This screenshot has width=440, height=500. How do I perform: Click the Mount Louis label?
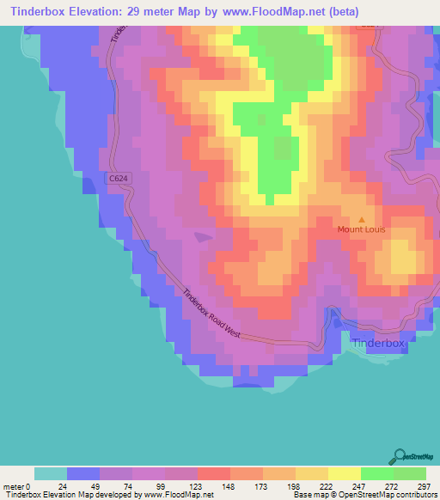pyautogui.click(x=361, y=229)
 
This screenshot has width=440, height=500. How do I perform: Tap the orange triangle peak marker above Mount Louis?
pyautogui.click(x=361, y=219)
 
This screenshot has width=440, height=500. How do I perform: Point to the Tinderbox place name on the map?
pyautogui.click(x=377, y=343)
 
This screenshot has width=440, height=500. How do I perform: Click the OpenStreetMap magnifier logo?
pyautogui.click(x=400, y=456)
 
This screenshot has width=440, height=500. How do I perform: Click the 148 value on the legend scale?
pyautogui.click(x=230, y=486)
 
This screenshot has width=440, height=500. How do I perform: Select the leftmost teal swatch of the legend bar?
pyautogui.click(x=51, y=473)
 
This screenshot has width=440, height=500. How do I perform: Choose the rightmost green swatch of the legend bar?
pyautogui.click(x=409, y=473)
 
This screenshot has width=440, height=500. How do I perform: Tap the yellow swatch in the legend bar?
pyautogui.click(x=344, y=473)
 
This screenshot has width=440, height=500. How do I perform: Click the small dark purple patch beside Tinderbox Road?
pyautogui.click(x=203, y=237)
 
